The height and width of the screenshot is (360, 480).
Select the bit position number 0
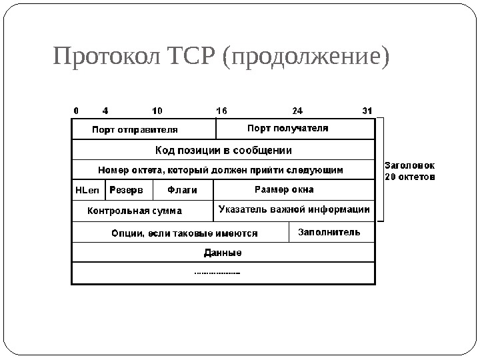tap(76, 110)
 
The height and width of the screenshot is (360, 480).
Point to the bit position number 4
tap(105, 110)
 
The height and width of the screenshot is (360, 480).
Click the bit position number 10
tap(157, 110)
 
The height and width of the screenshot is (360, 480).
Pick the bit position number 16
tap(222, 110)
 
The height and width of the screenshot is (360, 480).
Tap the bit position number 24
tap(298, 110)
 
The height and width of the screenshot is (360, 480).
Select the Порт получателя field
tap(288, 128)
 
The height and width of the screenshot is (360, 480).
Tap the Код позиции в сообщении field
tap(223, 150)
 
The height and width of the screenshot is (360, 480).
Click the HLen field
tap(87, 190)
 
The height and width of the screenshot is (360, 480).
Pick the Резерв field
tap(126, 190)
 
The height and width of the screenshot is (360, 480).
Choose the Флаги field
tap(182, 190)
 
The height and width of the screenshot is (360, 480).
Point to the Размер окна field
tap(285, 189)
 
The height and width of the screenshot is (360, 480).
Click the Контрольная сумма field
tap(135, 211)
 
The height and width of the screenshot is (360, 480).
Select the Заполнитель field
tap(329, 233)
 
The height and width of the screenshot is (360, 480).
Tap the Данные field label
tap(222, 253)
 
